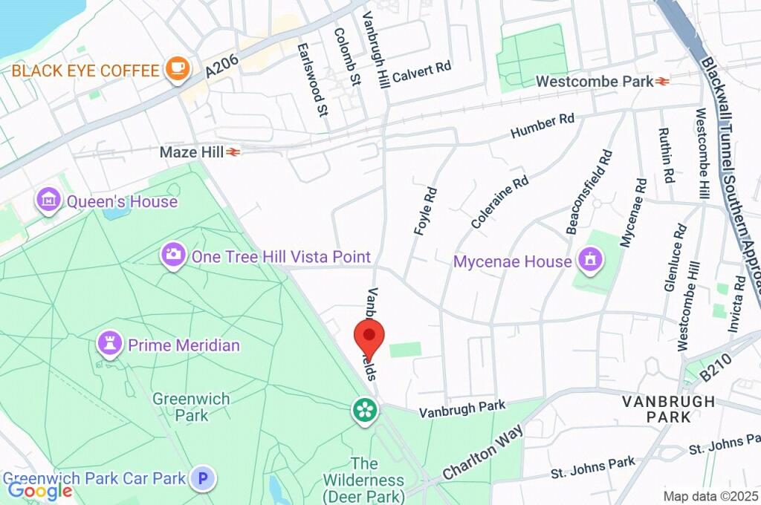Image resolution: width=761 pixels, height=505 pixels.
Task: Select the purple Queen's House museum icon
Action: tap(48, 201)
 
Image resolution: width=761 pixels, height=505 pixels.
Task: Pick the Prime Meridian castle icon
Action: tap(110, 345)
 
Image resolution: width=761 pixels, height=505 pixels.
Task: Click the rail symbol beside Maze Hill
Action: tap(234, 152)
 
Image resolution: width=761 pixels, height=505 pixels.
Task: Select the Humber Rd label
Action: tap(543, 126)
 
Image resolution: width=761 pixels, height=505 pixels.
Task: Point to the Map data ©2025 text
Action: tap(711, 496)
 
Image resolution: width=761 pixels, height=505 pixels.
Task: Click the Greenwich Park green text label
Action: tap(191, 406)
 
